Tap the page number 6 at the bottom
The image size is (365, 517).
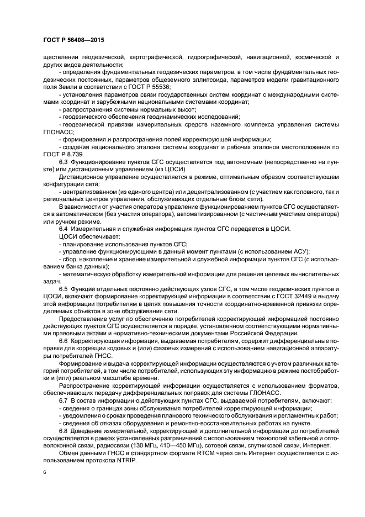click(45, 472)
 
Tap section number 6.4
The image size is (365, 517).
click(64, 228)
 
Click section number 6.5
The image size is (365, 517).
click(64, 288)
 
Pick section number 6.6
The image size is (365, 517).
click(64, 342)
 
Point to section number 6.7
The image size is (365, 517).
click(64, 399)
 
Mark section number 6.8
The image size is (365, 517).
click(64, 430)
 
